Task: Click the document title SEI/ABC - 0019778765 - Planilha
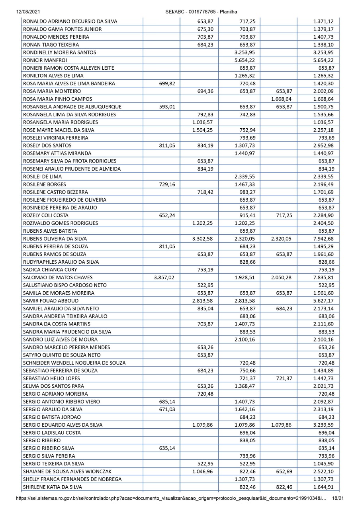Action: (201, 12)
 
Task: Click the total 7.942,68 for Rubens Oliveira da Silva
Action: (323, 239)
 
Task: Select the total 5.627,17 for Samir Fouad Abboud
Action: (323, 300)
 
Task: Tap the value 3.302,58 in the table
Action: (203, 239)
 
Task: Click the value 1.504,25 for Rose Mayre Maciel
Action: (203, 130)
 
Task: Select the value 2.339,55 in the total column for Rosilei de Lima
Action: (323, 177)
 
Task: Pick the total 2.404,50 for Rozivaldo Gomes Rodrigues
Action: (323, 223)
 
